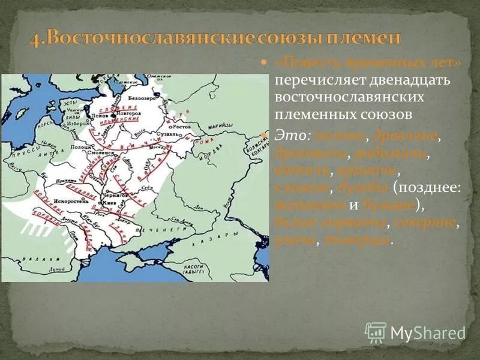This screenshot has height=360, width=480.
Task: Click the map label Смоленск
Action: point(104,153)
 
